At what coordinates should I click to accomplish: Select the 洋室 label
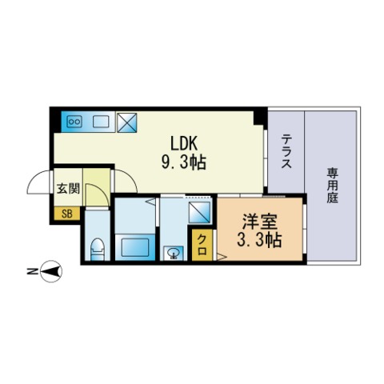click(255, 220)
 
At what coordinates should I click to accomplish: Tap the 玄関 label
click(66, 189)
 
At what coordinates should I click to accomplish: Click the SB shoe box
click(66, 214)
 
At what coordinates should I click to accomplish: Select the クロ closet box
click(202, 242)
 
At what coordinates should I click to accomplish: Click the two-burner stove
click(76, 122)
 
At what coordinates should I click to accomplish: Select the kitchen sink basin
click(101, 122)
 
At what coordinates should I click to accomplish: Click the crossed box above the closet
click(199, 213)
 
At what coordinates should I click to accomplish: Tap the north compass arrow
click(51, 272)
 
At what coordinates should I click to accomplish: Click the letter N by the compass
click(29, 273)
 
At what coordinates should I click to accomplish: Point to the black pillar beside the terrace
click(259, 118)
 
